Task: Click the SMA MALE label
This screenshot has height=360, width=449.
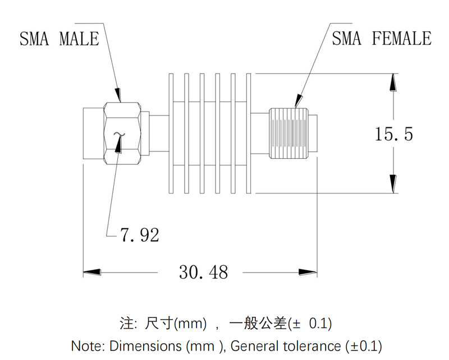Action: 59,39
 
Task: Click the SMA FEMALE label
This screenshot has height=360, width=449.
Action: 382,39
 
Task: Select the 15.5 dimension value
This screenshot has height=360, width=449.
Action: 394,134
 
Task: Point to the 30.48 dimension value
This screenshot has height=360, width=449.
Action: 204,272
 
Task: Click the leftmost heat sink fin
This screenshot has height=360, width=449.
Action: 171,134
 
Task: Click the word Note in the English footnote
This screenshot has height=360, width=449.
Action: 86,345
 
